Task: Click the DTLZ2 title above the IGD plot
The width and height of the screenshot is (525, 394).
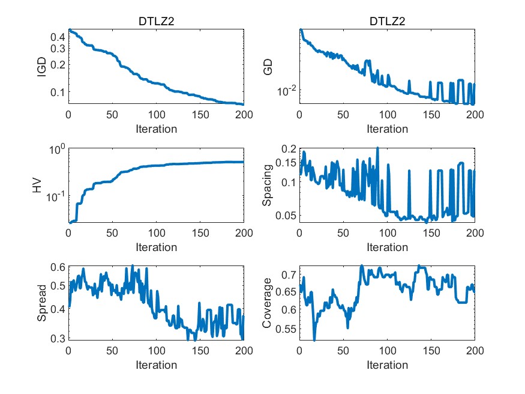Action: pos(156,22)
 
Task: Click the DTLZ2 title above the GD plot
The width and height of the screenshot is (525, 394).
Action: pos(387,22)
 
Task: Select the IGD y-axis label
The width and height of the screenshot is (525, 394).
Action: pos(41,67)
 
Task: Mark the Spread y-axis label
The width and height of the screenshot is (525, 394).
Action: pos(41,304)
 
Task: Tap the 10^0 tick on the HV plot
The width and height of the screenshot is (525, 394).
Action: pos(56,149)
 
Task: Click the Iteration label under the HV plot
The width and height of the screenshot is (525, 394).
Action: pos(156,247)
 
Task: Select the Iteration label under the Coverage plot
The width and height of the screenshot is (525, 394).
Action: pos(387,365)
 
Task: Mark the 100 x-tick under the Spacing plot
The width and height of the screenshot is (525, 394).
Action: pos(387,232)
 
